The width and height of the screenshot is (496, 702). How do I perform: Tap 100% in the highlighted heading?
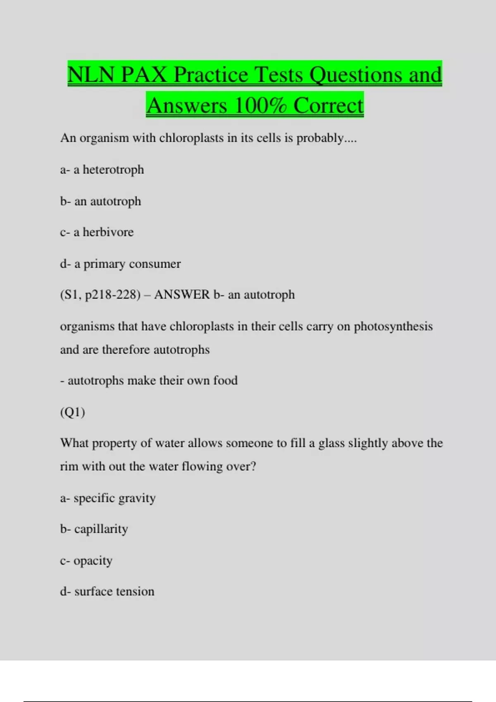(260, 105)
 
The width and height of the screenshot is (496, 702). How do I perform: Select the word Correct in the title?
(329, 105)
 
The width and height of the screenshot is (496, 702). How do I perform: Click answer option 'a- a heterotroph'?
(102, 170)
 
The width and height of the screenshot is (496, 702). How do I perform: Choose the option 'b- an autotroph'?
(100, 202)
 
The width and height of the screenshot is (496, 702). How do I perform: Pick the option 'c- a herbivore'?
(97, 232)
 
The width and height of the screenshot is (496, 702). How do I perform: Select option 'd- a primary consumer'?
(120, 264)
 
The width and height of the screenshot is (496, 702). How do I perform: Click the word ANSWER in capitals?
(182, 295)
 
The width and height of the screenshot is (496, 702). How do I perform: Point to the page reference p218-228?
(112, 295)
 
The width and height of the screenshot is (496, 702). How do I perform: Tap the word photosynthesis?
(393, 327)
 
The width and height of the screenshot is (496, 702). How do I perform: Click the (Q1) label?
(73, 412)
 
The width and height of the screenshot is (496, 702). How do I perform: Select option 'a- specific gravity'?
(108, 498)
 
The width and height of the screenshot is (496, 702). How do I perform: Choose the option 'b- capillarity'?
(94, 529)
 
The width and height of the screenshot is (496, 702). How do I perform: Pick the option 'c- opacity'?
(86, 561)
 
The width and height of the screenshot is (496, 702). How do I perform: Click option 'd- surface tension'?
(107, 591)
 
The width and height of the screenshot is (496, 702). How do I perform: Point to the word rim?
(69, 467)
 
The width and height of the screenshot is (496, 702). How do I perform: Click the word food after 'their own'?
(225, 380)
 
